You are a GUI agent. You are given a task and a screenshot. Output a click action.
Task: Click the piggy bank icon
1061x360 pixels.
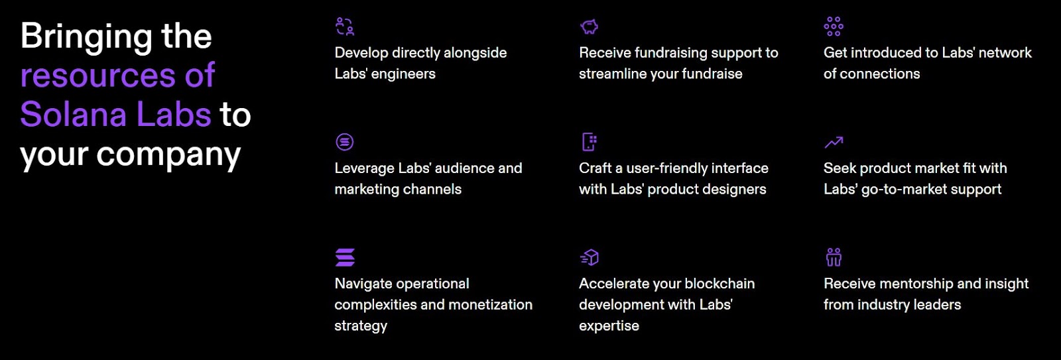click(x=590, y=27)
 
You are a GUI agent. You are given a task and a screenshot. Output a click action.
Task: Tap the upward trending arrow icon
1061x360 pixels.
click(x=834, y=142)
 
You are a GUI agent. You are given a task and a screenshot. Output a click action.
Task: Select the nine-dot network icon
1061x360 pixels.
click(x=834, y=27)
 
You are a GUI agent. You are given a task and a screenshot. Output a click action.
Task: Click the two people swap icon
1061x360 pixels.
click(x=345, y=27)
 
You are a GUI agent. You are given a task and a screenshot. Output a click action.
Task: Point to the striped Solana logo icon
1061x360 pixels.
click(x=345, y=257)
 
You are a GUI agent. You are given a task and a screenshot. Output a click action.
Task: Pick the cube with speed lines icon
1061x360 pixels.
click(x=590, y=257)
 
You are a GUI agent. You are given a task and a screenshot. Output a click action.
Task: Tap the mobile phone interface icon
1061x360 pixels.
click(x=590, y=142)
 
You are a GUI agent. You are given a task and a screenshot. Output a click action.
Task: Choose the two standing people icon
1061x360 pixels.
click(x=834, y=257)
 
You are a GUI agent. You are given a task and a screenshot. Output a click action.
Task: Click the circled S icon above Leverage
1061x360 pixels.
click(x=345, y=142)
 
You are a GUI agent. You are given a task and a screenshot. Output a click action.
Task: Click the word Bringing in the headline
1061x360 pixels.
click(x=86, y=38)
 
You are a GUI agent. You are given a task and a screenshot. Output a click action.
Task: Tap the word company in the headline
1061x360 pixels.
click(x=168, y=156)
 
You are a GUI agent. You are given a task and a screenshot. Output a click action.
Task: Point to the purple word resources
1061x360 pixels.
click(x=98, y=76)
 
